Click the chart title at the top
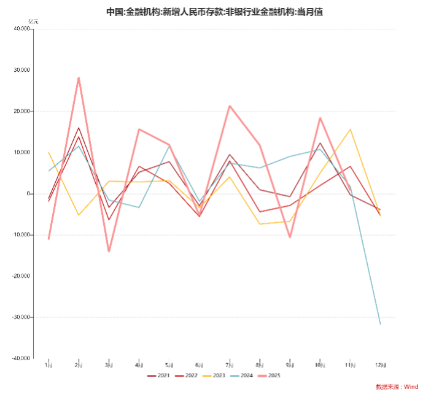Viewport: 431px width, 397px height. point(215,12)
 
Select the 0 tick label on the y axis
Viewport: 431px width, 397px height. point(28,194)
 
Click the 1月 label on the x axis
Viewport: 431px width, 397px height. point(49,365)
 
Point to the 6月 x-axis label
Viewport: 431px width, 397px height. point(199,365)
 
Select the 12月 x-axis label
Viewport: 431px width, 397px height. point(380,365)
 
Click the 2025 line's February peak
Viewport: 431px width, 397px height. point(79,78)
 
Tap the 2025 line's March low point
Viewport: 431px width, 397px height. point(109,251)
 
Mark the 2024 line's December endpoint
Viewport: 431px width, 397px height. point(380,323)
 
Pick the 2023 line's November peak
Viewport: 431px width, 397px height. point(350,129)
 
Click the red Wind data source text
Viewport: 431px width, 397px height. point(397,387)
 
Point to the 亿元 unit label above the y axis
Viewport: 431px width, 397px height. point(33,22)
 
